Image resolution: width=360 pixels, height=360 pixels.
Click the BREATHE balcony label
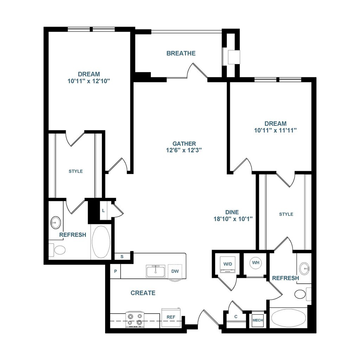(x=181, y=53)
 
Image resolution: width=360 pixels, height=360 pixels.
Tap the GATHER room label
(x=184, y=144)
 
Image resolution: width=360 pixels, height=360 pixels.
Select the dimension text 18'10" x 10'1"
(x=233, y=219)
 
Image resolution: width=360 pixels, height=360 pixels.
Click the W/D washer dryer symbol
(x=227, y=264)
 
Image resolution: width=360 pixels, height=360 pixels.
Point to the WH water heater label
(x=256, y=262)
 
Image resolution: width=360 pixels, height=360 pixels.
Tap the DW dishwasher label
(x=175, y=271)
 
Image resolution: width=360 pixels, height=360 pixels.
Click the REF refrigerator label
(x=171, y=317)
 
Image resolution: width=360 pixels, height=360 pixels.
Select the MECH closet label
(x=258, y=320)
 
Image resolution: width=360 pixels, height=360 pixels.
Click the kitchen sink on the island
(x=156, y=271)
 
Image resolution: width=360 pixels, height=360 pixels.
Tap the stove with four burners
(x=135, y=320)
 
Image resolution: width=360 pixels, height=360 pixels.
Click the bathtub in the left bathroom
(x=101, y=242)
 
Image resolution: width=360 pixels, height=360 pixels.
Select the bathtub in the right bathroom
(x=288, y=318)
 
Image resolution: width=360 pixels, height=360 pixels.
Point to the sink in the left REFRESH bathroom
(x=56, y=223)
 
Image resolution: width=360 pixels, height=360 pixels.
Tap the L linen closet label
(x=103, y=211)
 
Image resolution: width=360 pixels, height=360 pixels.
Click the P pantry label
(x=115, y=271)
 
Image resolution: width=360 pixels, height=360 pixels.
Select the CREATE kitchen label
(x=143, y=293)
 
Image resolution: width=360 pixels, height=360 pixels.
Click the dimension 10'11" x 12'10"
(x=89, y=81)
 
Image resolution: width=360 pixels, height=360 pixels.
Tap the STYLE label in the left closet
(x=76, y=171)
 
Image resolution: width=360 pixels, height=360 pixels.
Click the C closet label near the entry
(x=236, y=317)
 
